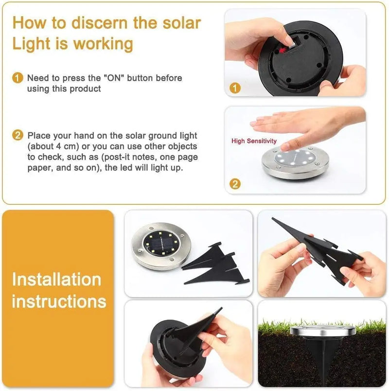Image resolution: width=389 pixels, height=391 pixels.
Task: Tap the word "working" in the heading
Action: (103, 44)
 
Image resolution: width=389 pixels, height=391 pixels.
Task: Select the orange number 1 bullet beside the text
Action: (18, 78)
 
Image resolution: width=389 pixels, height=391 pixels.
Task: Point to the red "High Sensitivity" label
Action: (254, 141)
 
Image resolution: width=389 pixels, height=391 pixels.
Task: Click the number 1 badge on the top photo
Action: (235, 88)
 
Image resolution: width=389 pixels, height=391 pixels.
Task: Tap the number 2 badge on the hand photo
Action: (235, 184)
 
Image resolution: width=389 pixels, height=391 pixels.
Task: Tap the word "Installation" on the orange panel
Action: (56, 280)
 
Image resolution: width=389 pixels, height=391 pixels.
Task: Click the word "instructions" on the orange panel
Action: (59, 301)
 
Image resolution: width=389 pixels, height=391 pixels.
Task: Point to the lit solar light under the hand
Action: (293, 162)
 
